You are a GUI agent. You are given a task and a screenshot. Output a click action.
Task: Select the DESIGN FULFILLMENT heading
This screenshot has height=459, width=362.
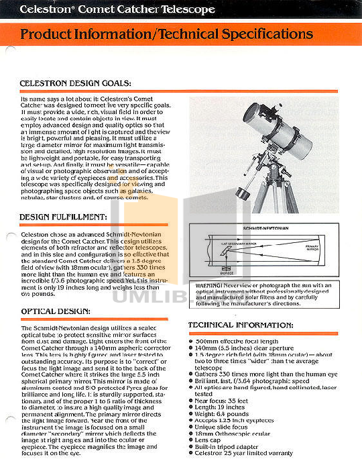(63, 217)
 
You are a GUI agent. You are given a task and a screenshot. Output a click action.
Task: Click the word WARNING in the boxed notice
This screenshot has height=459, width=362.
(210, 285)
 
